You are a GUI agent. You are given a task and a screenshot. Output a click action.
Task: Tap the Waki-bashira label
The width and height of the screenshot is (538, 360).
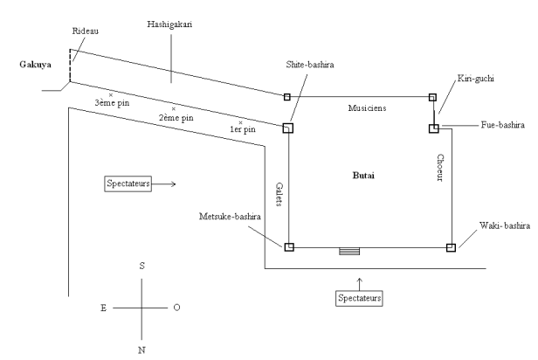(498, 226)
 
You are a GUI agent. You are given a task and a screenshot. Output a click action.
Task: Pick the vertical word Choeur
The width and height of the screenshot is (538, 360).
(441, 169)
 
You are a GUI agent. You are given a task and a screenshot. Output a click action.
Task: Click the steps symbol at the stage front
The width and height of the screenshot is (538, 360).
(349, 251)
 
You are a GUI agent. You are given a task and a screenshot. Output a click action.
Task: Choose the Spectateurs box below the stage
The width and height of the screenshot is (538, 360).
(360, 299)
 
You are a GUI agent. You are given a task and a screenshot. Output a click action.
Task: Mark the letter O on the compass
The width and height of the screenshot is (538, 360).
(177, 308)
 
